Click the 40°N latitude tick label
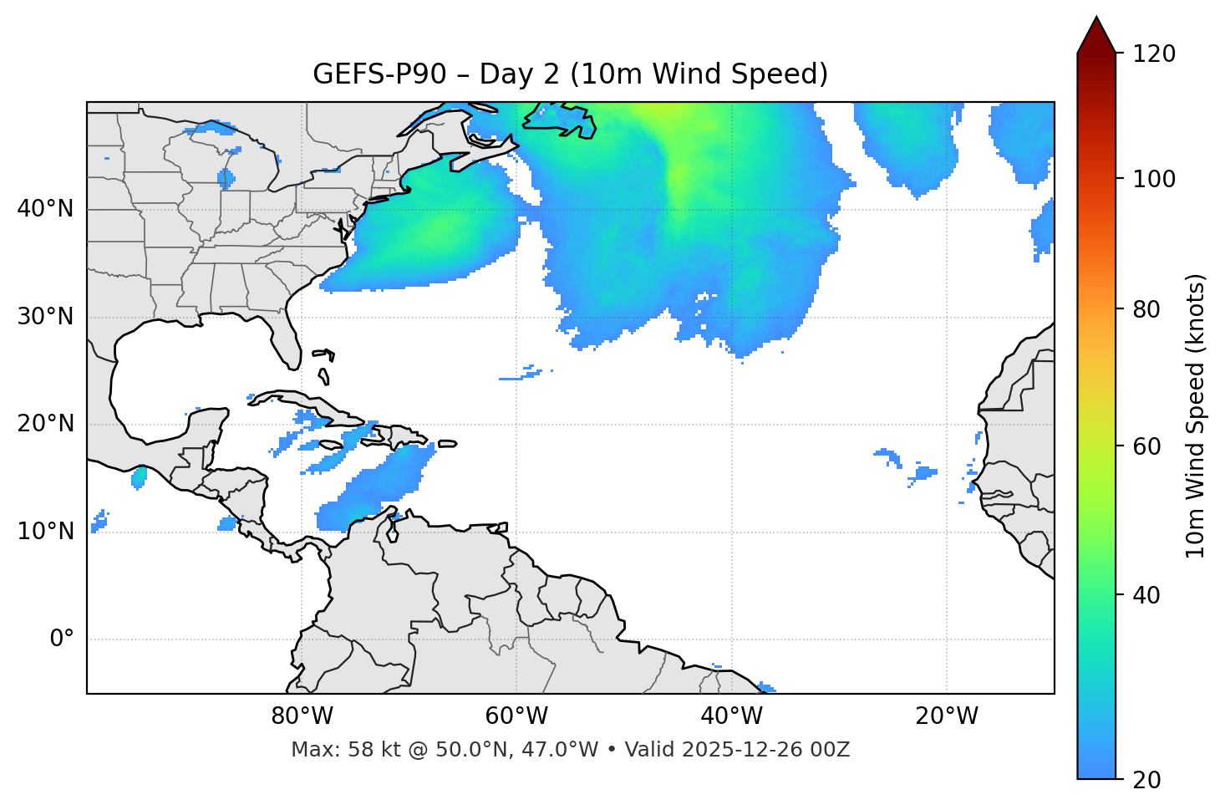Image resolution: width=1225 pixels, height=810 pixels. pos(45,209)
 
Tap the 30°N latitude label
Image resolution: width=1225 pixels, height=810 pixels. pos(45,317)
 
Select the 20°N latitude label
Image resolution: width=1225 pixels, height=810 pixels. pos(45,424)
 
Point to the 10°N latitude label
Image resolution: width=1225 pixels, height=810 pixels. pos(45,532)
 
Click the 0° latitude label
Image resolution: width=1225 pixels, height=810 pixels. pos(61,639)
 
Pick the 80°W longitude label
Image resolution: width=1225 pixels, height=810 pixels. pos(302,716)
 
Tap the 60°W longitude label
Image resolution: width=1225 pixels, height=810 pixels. pos(516,716)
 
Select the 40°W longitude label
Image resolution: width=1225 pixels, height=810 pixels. pos(731,716)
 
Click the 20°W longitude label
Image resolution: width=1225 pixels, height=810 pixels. pos(946,716)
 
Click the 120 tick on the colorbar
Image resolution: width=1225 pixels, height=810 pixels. pos(1154,54)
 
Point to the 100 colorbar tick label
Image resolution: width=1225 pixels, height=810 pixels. pos(1154,179)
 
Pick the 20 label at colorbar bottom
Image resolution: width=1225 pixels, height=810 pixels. pos(1146,780)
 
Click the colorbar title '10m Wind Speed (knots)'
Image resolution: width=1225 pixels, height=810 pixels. pos(1196,415)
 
